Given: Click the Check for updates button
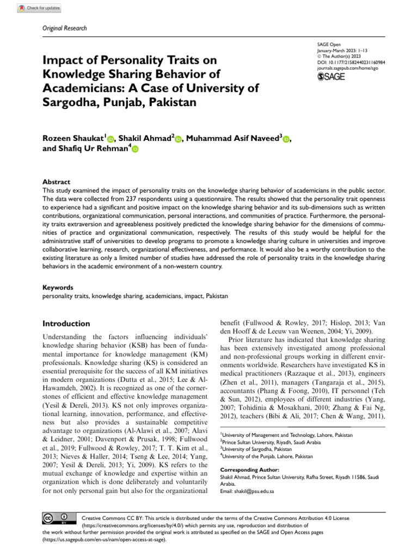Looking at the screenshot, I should [x=39, y=8].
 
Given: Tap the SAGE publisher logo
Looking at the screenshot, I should [x=330, y=77].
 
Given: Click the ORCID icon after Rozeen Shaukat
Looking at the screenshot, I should [x=111, y=140].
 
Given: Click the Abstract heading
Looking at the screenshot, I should [x=56, y=182].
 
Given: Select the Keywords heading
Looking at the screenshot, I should [x=57, y=287].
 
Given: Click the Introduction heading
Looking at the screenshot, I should [x=66, y=323].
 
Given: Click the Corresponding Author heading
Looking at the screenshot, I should [x=249, y=469].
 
